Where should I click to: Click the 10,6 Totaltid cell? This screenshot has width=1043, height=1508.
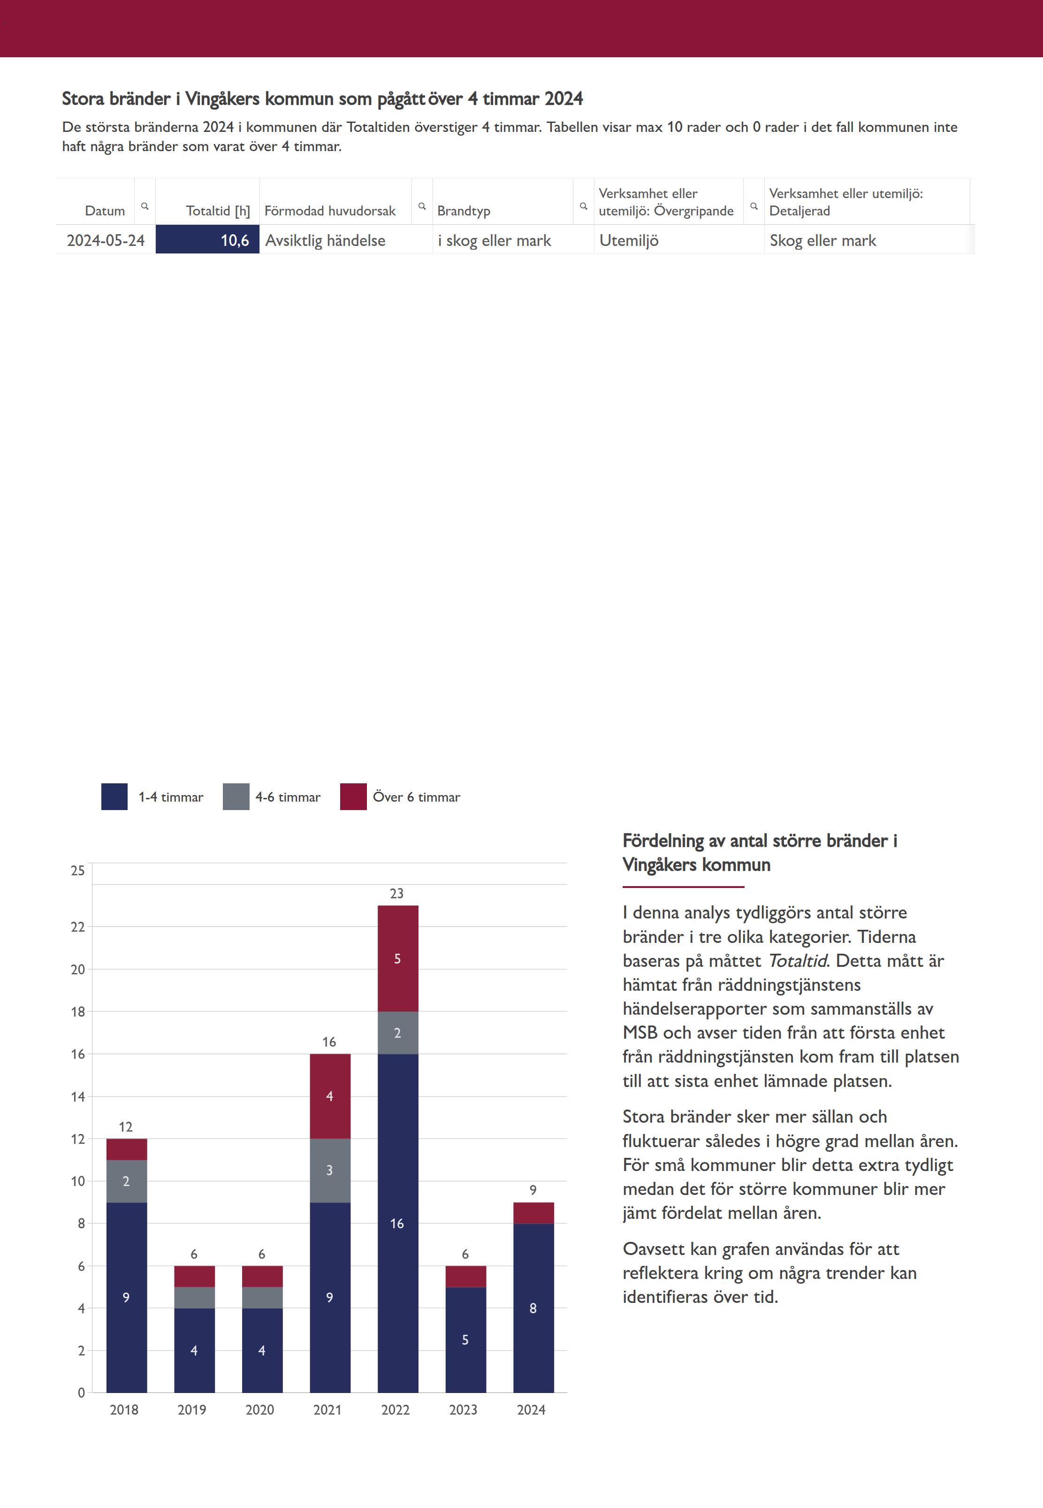(x=208, y=240)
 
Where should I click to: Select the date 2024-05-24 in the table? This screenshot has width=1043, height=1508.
(x=105, y=240)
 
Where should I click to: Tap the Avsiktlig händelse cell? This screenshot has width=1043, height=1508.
(x=325, y=240)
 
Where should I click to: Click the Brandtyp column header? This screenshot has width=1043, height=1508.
(x=464, y=210)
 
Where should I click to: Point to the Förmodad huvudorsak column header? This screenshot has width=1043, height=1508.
(x=329, y=210)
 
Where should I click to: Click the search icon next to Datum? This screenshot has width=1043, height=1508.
(x=145, y=206)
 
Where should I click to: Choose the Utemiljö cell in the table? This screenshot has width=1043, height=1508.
(x=629, y=240)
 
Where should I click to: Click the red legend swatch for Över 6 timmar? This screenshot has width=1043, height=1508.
(x=353, y=796)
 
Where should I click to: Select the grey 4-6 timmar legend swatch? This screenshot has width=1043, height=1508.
(x=236, y=796)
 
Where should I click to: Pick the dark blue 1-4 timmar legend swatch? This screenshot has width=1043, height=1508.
(x=114, y=796)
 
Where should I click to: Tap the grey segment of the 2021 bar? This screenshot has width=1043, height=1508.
(x=329, y=1170)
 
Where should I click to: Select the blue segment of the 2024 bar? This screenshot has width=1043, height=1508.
(x=533, y=1307)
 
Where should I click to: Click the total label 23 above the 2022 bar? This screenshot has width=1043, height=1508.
(x=396, y=893)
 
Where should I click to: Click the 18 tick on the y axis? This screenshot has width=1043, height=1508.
(x=78, y=1011)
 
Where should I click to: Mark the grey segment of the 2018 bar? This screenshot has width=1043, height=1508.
(x=126, y=1180)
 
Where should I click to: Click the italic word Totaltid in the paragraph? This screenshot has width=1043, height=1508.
(x=797, y=960)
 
